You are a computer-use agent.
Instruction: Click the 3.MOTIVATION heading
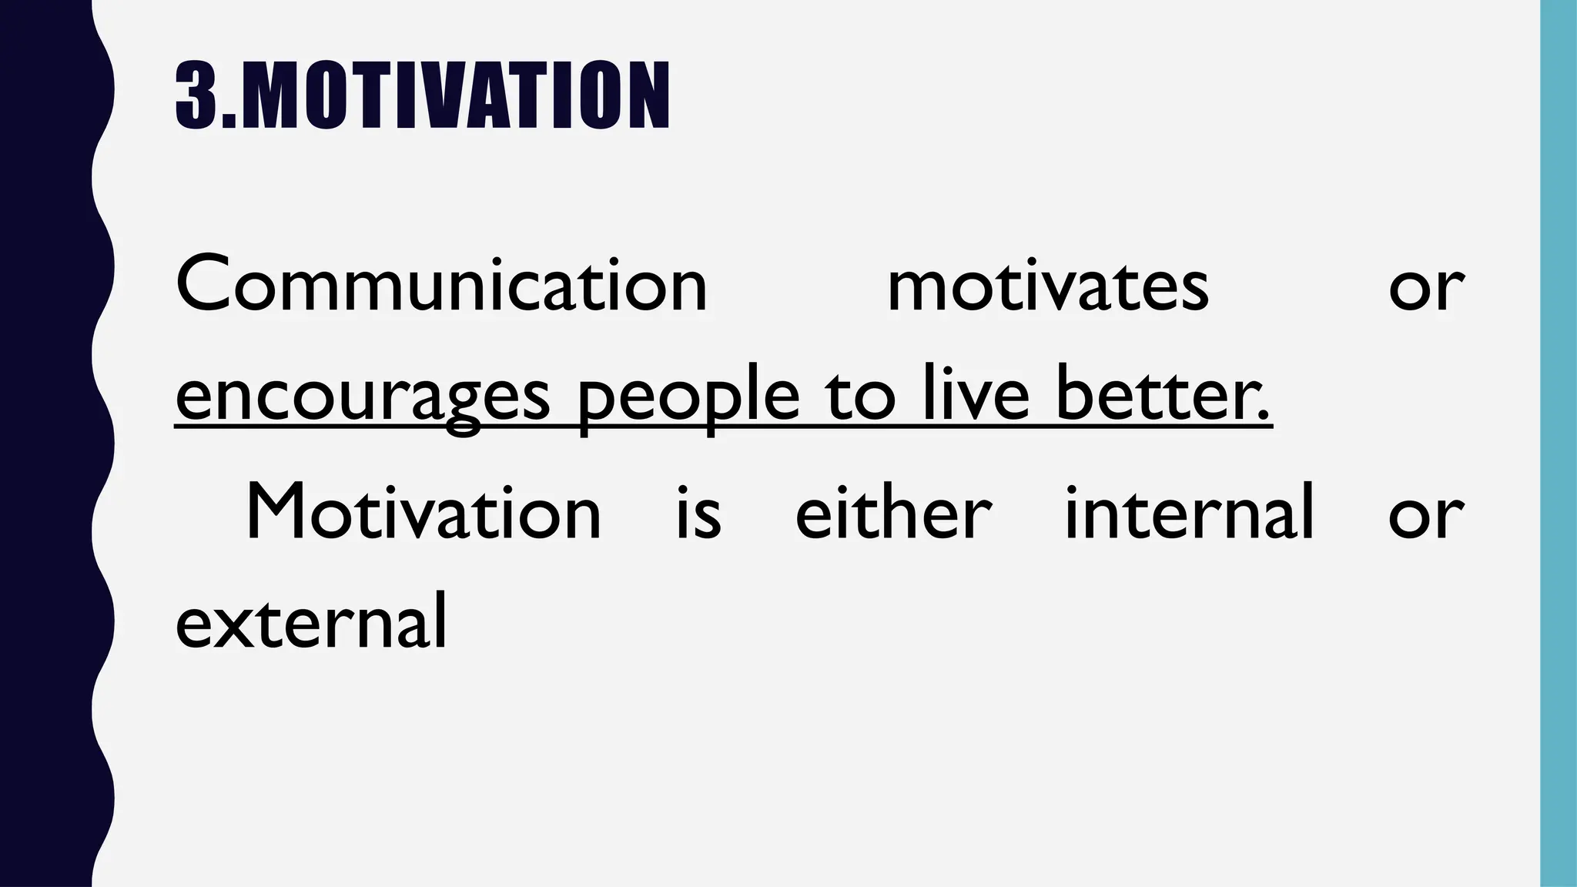coord(422,95)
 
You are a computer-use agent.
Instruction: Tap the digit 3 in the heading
coord(196,95)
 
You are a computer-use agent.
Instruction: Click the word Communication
coord(441,285)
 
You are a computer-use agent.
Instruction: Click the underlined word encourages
coord(363,397)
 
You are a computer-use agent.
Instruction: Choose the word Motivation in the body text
coord(423,513)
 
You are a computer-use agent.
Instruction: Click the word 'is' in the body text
coord(698,513)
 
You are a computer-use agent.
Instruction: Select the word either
coord(893,511)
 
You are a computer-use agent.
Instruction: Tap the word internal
coord(1189,511)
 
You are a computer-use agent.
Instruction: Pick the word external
coord(311,622)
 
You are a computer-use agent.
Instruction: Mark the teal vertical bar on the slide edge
coord(1559,443)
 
